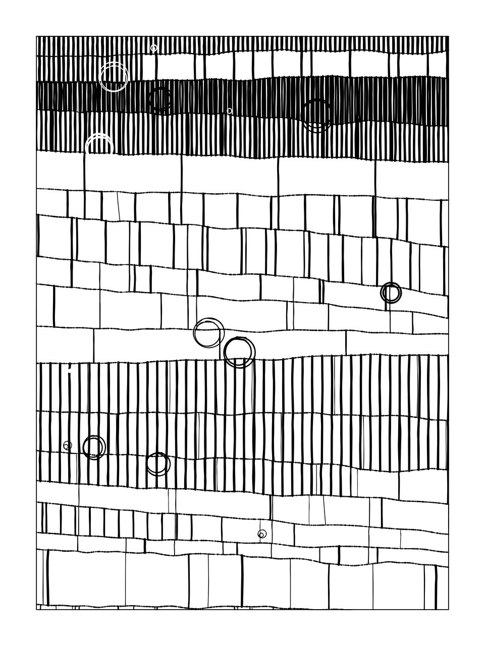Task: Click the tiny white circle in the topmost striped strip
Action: point(154,48)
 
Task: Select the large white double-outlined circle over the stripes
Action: point(114,77)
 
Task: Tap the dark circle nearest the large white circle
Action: point(160,99)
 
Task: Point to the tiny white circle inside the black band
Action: point(230,111)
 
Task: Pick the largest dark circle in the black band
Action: point(317,115)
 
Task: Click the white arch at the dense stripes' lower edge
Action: point(99,145)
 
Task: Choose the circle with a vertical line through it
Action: point(391,292)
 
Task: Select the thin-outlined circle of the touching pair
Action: point(208,333)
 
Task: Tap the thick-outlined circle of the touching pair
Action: point(239,352)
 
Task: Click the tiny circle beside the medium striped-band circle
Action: point(67,446)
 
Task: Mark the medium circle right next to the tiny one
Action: point(94,447)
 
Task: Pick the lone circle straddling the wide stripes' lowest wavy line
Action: point(158,464)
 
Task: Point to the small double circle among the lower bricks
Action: point(262,534)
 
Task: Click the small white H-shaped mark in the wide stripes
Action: point(70,371)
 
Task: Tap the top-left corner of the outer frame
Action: point(37,36)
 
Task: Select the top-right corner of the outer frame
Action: point(448,36)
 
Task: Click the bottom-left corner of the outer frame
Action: point(37,609)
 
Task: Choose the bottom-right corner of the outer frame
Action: point(448,609)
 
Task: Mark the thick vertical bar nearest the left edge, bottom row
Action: point(48,577)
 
